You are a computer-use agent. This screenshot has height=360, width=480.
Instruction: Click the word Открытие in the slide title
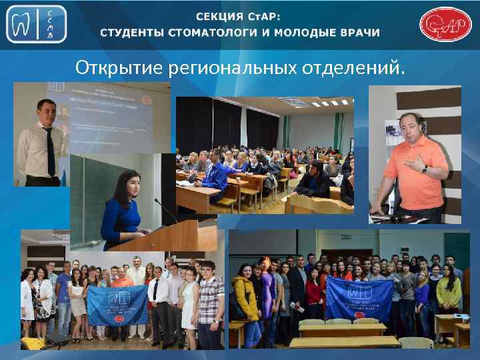[x=120, y=68]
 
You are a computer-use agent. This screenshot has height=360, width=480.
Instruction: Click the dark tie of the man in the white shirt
[x=51, y=150]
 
